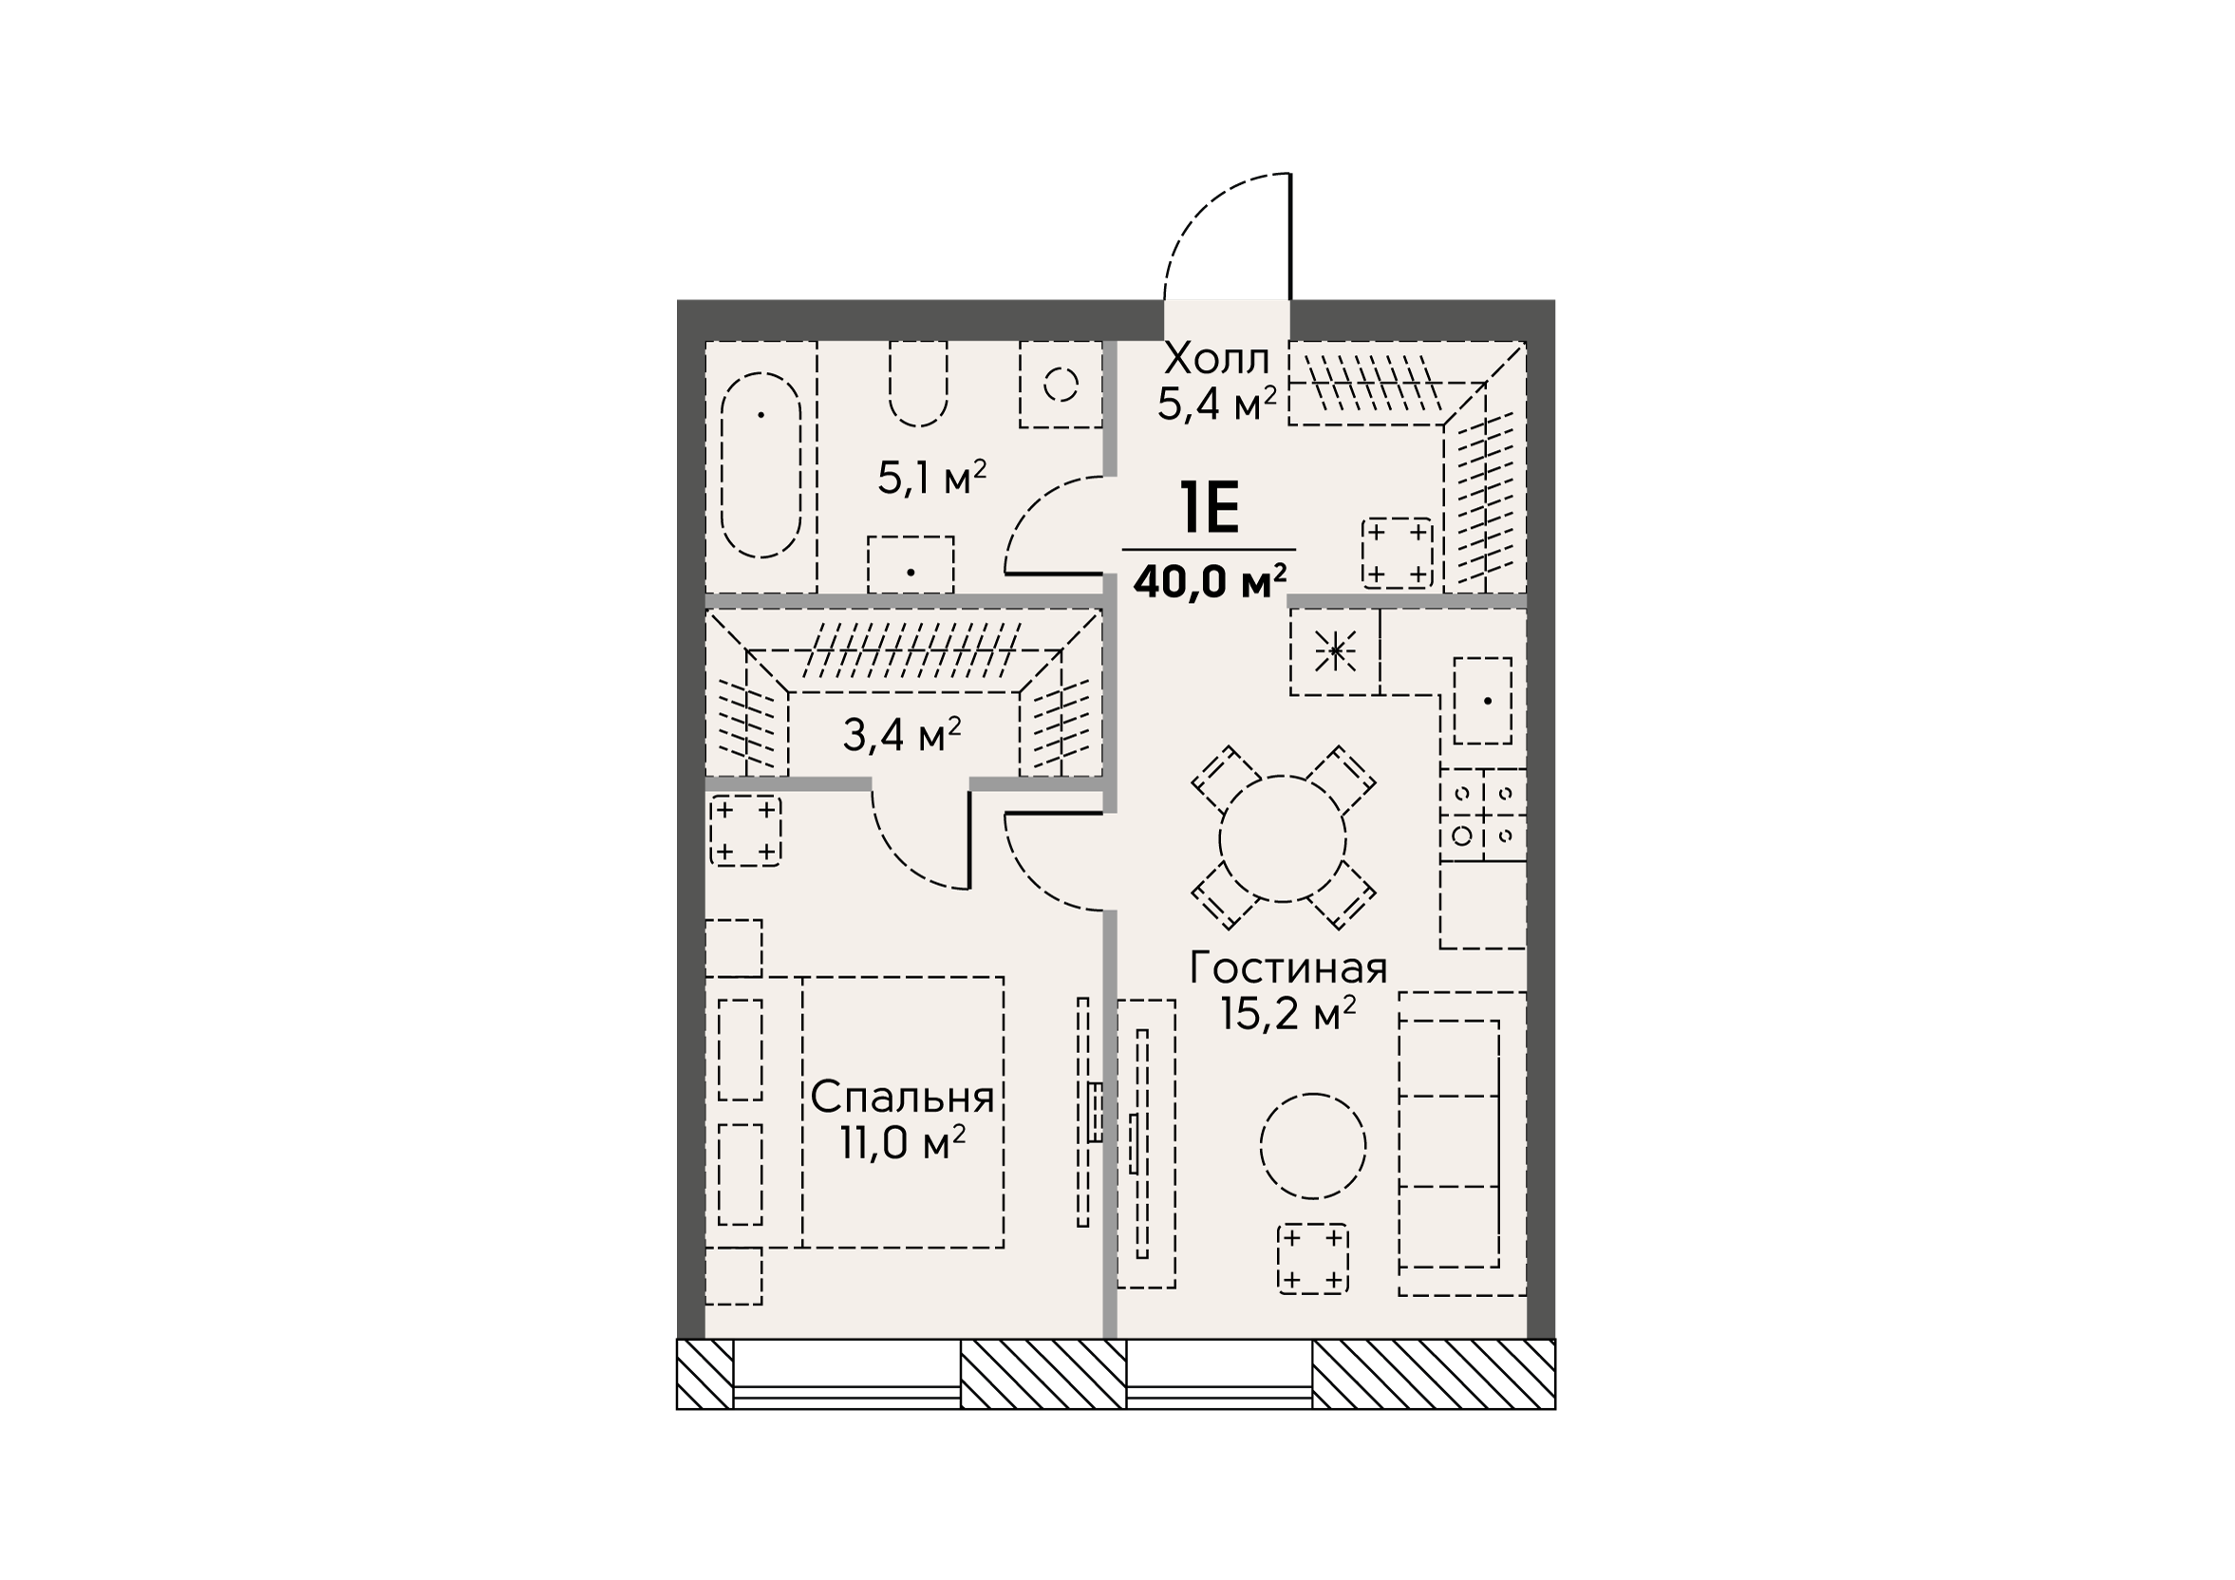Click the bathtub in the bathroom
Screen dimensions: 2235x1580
(761, 465)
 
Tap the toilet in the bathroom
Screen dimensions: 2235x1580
(918, 384)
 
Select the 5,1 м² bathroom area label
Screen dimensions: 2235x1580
(931, 478)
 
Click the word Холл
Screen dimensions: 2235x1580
(1217, 359)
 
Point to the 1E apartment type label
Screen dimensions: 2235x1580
(1210, 508)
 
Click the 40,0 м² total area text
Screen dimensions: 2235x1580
(1210, 581)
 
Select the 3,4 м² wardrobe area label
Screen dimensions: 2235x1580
(901, 735)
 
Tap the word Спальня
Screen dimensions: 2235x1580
(902, 1097)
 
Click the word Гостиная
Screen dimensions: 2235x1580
(1287, 968)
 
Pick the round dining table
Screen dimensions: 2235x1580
(1282, 838)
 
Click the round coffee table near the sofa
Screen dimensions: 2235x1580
(1312, 1146)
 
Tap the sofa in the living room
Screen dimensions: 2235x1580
(1461, 1144)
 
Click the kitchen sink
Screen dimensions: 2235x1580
(1482, 701)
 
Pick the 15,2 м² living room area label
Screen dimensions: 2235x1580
(1287, 1015)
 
